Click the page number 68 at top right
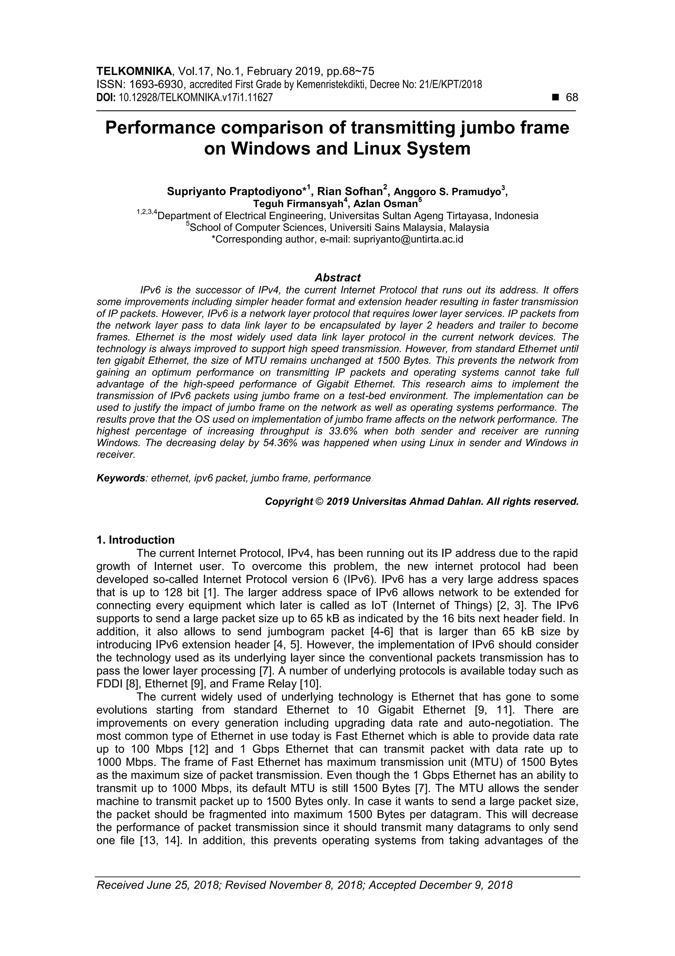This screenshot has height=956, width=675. point(572,97)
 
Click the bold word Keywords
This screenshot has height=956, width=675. point(121,478)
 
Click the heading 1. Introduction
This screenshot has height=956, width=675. point(135,540)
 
